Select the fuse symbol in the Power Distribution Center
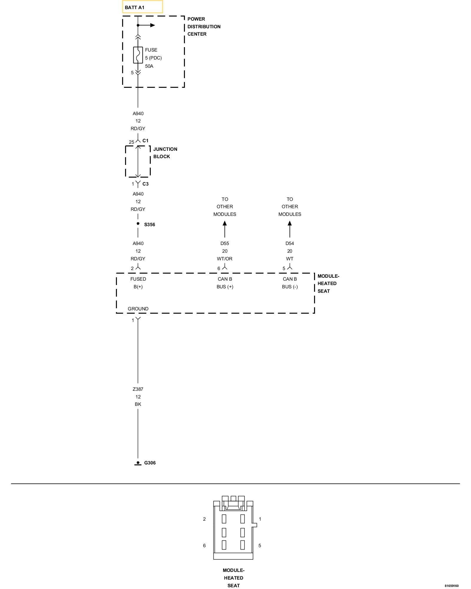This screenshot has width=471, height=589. coord(138,55)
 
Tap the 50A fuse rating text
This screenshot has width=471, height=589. coord(149,66)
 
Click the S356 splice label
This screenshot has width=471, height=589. coord(150,224)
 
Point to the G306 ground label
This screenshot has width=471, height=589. coord(150,463)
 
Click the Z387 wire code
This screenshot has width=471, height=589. coord(138,389)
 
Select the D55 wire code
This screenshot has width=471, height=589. coord(225,243)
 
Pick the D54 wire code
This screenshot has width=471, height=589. coord(290,243)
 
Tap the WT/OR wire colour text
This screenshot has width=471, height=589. coord(225,259)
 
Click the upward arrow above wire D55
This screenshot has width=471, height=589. coord(225,229)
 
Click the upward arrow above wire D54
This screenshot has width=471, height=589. coord(290,229)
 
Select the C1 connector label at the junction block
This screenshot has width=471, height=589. coord(145,140)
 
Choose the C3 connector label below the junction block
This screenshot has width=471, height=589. coord(145,184)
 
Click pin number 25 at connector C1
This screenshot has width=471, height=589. coord(131,142)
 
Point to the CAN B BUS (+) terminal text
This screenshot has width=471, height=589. coord(225,283)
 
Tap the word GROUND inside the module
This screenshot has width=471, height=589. coord(138,309)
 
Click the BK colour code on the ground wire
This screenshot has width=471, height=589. coord(138,404)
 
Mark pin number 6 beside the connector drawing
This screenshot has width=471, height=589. coord(204,545)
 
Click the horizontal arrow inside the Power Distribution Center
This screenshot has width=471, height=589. coord(147,25)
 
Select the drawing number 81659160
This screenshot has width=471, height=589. coord(452,586)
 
